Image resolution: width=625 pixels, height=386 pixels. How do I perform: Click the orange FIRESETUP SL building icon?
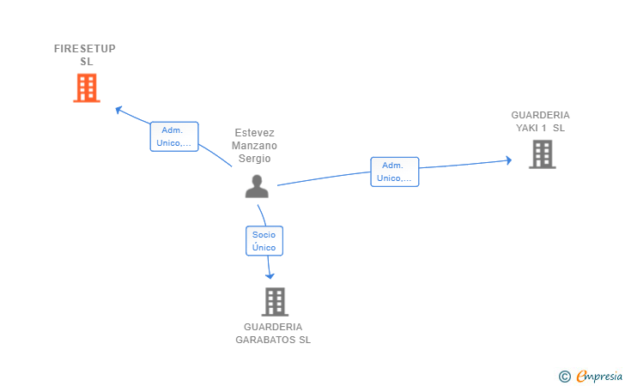point(87,88)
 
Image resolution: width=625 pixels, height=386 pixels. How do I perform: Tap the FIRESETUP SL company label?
point(85,55)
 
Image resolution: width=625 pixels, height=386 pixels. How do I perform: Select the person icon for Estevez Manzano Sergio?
point(257,186)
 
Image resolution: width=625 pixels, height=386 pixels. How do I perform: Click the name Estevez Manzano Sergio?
point(254,146)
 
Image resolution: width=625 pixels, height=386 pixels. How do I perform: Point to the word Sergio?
point(254,159)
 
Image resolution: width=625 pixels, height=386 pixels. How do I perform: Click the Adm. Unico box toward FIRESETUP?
point(174,136)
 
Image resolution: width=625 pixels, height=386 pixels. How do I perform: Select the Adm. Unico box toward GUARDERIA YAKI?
point(395,172)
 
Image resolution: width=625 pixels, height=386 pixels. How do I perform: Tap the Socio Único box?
point(264,241)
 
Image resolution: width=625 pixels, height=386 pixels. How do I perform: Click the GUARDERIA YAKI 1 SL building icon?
point(542,154)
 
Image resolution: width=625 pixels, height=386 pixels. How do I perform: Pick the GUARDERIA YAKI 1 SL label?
point(541,122)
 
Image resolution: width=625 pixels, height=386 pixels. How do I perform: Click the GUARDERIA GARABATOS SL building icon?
point(275,302)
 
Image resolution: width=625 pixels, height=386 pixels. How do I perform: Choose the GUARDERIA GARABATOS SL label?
point(273,334)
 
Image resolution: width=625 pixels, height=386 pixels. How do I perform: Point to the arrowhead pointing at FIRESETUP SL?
point(118,110)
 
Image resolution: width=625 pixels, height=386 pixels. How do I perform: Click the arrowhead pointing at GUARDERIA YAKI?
point(508,160)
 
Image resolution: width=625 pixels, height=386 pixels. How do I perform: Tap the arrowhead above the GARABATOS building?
point(270,275)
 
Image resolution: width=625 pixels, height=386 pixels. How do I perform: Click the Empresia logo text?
point(599,376)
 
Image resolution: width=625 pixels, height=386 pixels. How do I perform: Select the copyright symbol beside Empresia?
point(565,377)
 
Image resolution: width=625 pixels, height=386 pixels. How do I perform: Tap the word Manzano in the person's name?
point(254,146)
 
